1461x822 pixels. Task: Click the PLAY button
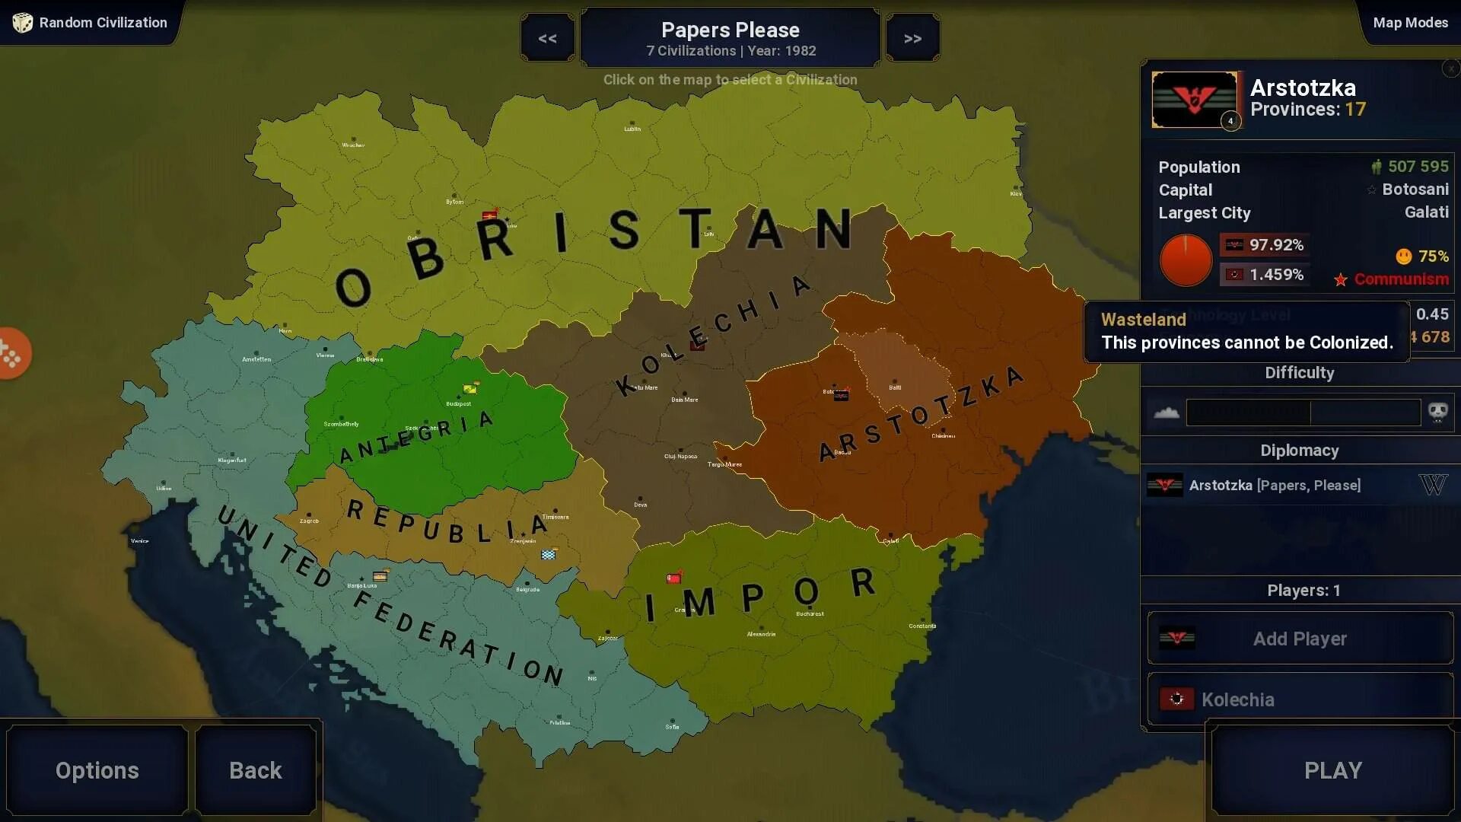point(1332,770)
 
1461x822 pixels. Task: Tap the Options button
point(97,770)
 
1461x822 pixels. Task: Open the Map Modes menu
point(1410,23)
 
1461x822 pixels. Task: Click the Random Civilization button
point(91,23)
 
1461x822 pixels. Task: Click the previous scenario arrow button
point(547,38)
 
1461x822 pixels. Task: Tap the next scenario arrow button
point(912,38)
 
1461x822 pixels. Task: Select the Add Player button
point(1300,639)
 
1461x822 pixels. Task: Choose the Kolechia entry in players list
point(1237,699)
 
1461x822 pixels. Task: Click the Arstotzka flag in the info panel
point(1194,99)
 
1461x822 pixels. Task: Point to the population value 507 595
point(1418,167)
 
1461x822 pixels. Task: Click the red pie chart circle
point(1186,260)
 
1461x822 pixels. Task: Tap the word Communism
point(1401,279)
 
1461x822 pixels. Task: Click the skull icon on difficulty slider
point(1437,413)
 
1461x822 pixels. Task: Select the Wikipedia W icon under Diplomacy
point(1433,485)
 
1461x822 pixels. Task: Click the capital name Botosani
point(1415,190)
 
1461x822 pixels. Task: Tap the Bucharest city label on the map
point(810,613)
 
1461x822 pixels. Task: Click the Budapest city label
point(458,404)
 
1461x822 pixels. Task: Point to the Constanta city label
point(922,626)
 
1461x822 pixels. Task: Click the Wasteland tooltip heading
point(1143,320)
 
